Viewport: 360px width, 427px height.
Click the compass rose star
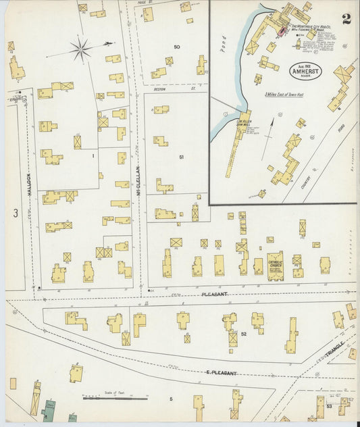tap(81, 49)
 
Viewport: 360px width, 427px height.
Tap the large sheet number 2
tap(346, 18)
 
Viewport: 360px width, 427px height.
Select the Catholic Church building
tap(275, 265)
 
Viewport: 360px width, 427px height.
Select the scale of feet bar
tap(115, 399)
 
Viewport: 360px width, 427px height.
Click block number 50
tap(176, 47)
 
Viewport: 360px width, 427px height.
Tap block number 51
tap(181, 157)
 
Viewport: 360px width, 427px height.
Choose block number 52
tap(243, 333)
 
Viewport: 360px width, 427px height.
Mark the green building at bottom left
tap(48, 409)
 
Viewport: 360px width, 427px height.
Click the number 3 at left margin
tap(14, 214)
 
